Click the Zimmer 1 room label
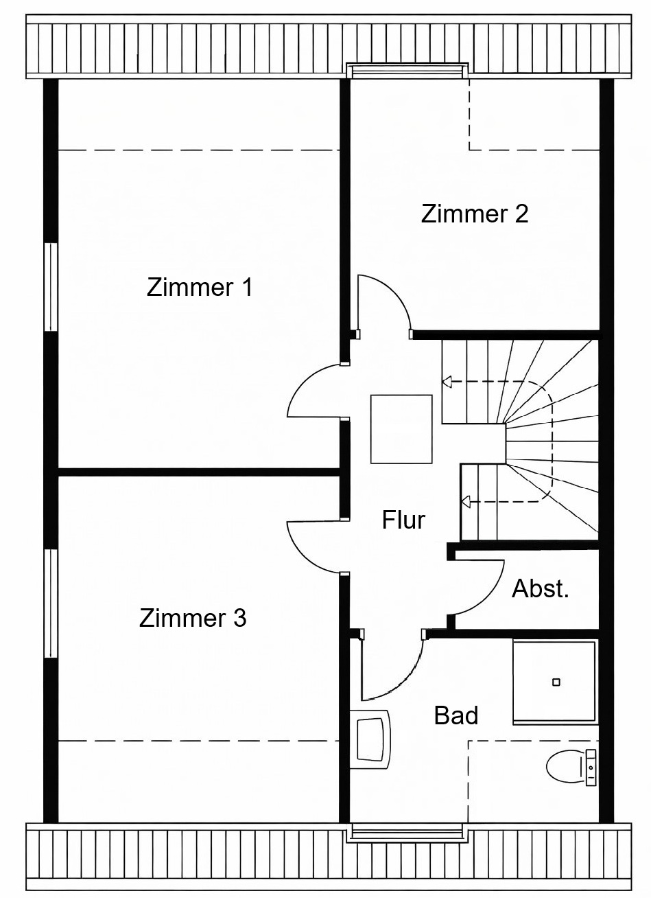[x=200, y=288]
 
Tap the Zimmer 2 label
[x=474, y=214]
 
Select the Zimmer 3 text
[x=193, y=618]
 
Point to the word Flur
[x=403, y=520]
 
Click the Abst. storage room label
[x=540, y=588]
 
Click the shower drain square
[x=556, y=682]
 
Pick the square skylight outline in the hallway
[x=401, y=429]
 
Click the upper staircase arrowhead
[x=447, y=382]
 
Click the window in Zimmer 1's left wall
[x=51, y=287]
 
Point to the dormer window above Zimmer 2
[x=407, y=71]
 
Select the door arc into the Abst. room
[x=490, y=595]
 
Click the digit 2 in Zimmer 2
[x=521, y=214]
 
